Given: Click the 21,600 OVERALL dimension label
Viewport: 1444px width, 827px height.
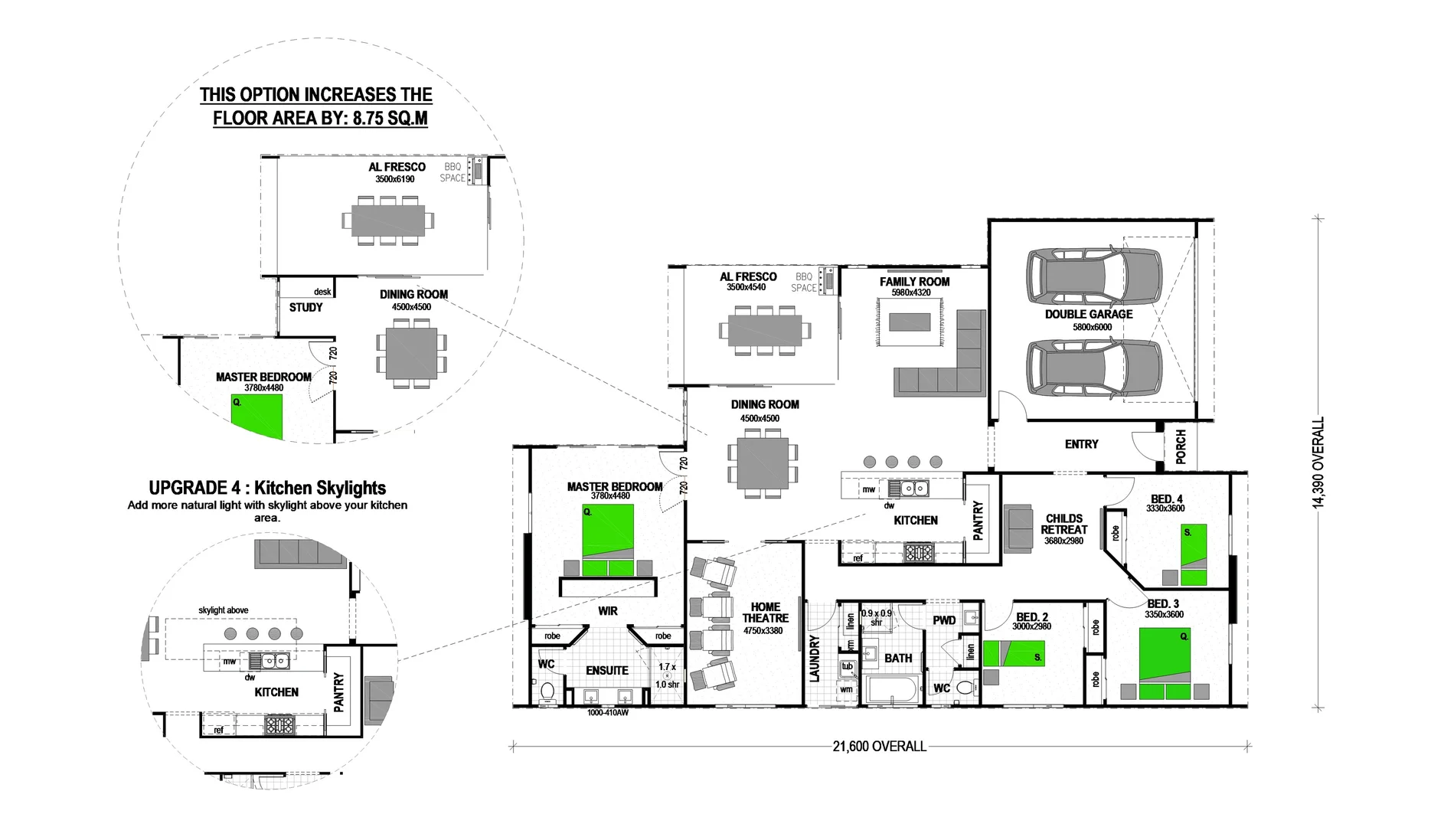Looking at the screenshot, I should [x=879, y=746].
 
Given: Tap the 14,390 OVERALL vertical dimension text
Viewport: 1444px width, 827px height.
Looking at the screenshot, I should [x=1318, y=463].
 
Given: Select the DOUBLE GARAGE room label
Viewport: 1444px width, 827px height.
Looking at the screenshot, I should [x=1088, y=314].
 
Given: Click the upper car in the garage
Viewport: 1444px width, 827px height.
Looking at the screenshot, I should [x=1093, y=277].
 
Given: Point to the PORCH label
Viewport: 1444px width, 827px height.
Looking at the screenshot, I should [x=1181, y=446].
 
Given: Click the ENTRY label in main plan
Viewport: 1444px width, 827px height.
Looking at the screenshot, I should [x=1081, y=444].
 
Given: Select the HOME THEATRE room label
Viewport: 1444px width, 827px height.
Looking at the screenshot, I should [x=765, y=612].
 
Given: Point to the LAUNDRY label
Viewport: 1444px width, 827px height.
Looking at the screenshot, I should [x=815, y=658].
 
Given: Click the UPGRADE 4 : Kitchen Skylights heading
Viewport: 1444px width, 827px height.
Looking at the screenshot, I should [x=267, y=488].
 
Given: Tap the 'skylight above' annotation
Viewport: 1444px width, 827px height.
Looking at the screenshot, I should [x=223, y=610].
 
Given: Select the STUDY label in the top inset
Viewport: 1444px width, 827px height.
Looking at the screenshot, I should [x=305, y=307].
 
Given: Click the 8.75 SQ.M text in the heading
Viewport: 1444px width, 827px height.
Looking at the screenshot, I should [x=390, y=119].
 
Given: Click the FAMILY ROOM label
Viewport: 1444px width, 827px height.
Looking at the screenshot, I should [x=914, y=282].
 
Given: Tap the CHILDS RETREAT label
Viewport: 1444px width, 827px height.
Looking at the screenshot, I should [x=1063, y=524].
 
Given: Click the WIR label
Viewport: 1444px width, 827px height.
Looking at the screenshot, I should [x=608, y=611].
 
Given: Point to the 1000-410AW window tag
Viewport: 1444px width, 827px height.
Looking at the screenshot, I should [x=607, y=713].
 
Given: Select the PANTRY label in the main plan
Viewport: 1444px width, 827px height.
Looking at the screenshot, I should [x=978, y=520].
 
